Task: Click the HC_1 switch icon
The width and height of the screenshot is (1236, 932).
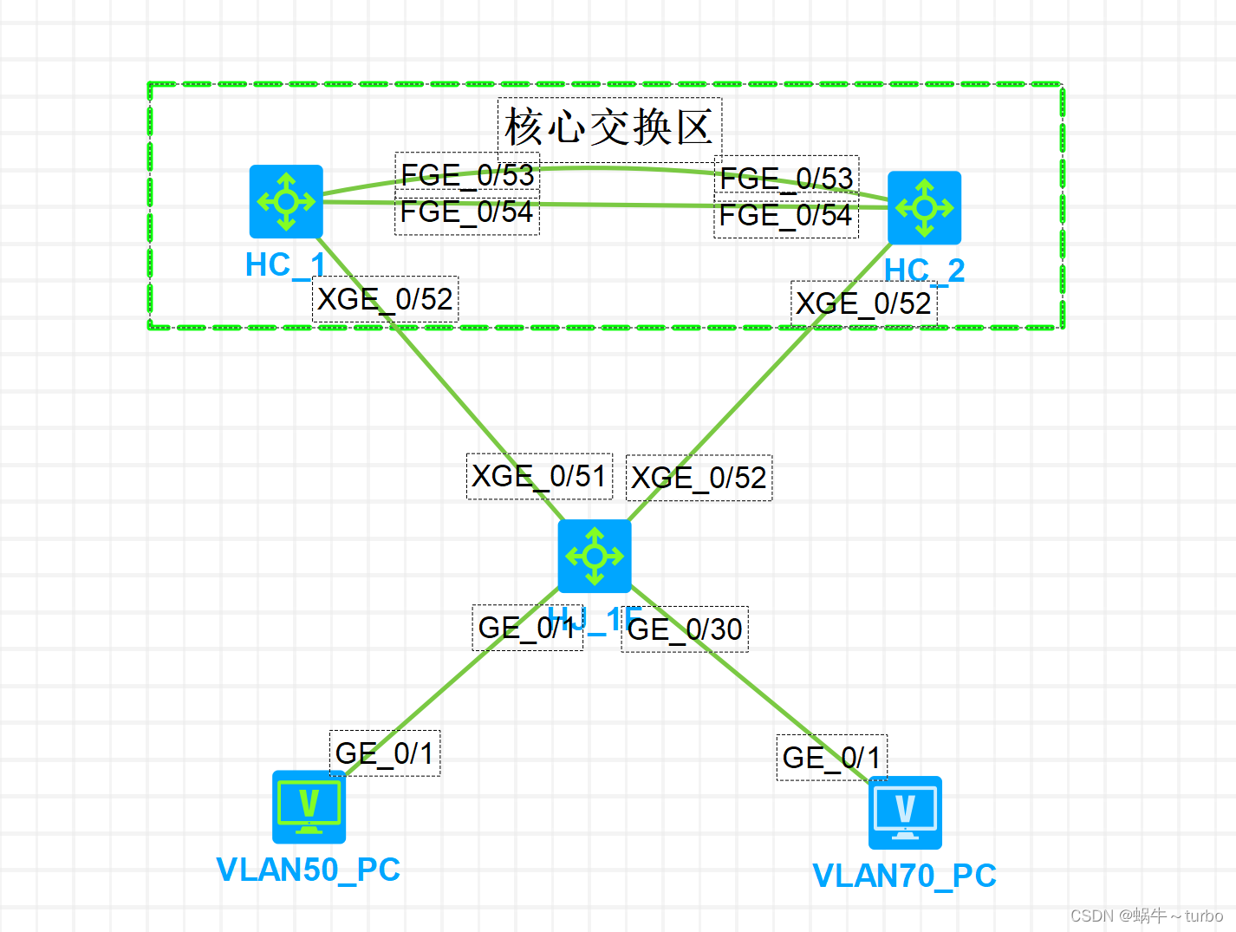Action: tap(286, 201)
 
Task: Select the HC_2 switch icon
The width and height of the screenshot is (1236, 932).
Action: tap(924, 207)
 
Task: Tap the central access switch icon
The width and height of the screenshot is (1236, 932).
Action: tap(594, 556)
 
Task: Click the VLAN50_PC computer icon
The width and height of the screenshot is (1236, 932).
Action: tap(309, 806)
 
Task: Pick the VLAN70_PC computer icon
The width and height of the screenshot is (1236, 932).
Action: tap(905, 812)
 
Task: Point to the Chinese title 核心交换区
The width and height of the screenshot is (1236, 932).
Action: tap(608, 128)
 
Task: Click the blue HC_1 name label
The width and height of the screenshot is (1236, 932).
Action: tap(284, 265)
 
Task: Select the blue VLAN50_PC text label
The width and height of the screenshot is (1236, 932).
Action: tap(308, 870)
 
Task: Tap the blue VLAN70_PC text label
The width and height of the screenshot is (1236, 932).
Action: tap(904, 876)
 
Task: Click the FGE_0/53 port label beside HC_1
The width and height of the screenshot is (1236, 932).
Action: tap(467, 174)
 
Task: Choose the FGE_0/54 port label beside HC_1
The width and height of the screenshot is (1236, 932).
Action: tap(466, 212)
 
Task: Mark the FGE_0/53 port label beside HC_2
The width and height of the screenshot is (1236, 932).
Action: tap(786, 178)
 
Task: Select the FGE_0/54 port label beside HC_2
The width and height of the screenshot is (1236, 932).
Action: tap(785, 215)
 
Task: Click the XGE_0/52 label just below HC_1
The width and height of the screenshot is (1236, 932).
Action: tap(385, 299)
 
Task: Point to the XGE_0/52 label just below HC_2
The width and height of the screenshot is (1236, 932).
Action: tap(863, 303)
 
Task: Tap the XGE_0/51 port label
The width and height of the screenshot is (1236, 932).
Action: tap(538, 476)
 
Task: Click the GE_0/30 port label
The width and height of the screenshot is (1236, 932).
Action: tap(685, 629)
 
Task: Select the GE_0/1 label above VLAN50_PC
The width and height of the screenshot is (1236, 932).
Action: tap(384, 753)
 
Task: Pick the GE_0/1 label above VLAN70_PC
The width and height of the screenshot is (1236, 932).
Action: tap(831, 757)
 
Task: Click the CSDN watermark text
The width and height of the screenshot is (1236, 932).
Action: tap(1146, 916)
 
